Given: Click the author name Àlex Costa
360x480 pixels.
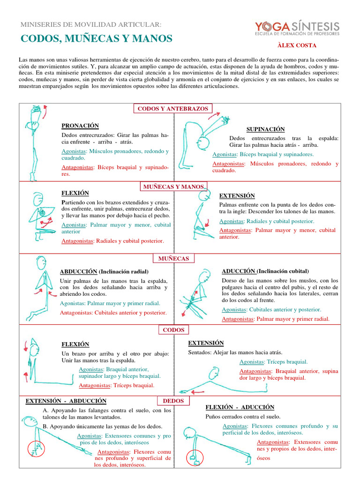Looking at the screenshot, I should coord(297,45).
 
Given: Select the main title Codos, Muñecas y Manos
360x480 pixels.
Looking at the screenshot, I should coord(97,38).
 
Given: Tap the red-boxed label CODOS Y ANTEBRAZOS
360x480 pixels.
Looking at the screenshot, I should coord(173,109).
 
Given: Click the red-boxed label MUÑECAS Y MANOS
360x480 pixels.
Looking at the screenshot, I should coord(173,187).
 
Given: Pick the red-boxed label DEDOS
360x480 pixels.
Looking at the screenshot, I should coord(173,401).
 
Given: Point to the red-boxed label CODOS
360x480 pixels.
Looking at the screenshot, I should coord(173,330).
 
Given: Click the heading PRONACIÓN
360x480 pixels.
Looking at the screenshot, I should coord(80,126).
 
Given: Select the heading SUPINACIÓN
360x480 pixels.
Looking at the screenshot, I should coord(265,129).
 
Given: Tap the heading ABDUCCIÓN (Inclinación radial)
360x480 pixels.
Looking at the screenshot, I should coord(104,272).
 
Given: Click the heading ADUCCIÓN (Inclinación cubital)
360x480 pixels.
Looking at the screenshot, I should coord(265,271).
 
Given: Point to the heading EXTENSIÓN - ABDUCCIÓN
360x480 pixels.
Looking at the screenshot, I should coord(66,401).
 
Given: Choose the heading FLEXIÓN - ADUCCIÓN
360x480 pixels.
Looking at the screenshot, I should coord(240,407).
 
